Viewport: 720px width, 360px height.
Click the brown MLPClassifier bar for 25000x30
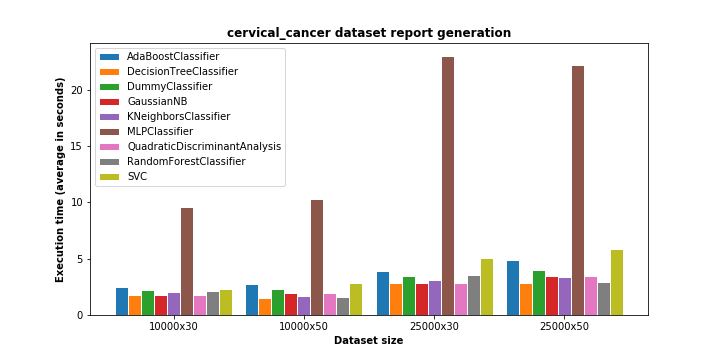tap(448, 186)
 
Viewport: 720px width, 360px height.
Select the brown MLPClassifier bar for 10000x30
tap(187, 262)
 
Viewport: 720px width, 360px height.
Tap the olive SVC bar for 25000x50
tap(617, 283)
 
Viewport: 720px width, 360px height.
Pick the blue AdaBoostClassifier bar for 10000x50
tap(252, 300)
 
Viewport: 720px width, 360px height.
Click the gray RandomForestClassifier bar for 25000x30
tap(474, 296)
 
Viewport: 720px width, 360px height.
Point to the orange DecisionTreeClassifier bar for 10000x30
tap(135, 306)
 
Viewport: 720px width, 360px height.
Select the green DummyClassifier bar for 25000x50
tap(539, 293)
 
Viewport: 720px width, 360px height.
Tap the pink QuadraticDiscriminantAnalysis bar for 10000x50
tap(330, 305)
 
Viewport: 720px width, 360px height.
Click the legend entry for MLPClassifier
tap(147, 131)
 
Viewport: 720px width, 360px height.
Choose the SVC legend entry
tap(124, 176)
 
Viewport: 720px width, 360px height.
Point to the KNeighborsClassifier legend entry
tap(165, 116)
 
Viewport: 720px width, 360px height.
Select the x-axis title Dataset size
tap(369, 341)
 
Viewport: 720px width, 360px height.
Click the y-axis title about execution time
tap(60, 180)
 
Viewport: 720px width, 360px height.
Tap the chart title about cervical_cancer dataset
tap(369, 33)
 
